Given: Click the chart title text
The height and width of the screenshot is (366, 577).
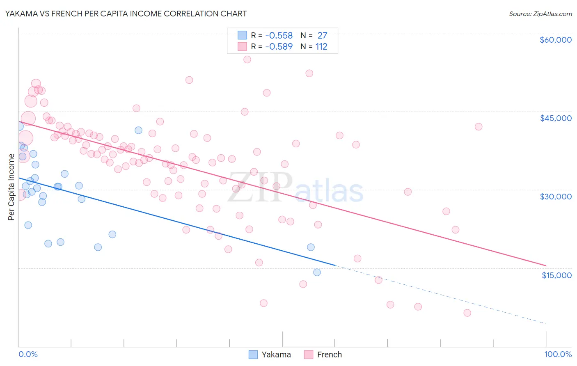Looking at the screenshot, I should coord(126,14).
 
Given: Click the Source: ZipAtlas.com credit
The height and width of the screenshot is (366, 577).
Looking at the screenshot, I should coord(540,14).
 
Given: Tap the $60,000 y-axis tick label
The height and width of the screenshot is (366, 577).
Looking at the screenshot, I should coord(555,40).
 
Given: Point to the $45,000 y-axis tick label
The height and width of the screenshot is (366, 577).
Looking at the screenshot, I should coord(555,118).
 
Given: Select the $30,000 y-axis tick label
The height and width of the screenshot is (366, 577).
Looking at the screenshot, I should coord(555,197).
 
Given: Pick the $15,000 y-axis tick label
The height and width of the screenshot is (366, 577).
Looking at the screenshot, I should coord(556,275).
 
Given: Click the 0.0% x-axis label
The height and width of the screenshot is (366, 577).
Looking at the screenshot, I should coord(28,355).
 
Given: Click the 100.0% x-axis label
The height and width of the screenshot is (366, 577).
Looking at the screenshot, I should coord(558,355).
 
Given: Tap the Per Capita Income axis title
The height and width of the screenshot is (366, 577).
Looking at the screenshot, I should coord(11,187).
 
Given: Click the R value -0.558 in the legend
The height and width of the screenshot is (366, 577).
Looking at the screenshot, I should coord(279,36).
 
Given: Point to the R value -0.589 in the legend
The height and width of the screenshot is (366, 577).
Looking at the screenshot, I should coord(279,47).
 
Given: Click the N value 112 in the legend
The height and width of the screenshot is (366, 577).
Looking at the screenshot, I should coord(321,47).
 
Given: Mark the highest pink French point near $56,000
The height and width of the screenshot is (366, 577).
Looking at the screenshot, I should coord(247,59).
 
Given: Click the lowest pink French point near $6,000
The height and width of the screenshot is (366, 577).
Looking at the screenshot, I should coord(467,313).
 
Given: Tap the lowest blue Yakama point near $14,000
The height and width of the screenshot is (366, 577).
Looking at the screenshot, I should coord(317,272).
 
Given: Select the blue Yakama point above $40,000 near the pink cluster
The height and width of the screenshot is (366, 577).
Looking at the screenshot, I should coord(138,130).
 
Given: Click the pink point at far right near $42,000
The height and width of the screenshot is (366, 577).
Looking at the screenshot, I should coord(479,127).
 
